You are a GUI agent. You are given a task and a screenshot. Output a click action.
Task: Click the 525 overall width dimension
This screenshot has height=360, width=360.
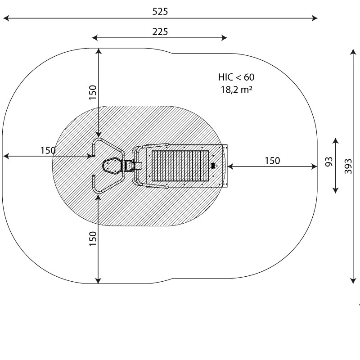point(160,12)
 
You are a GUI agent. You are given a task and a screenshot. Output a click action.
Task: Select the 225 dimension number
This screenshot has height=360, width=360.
point(160,31)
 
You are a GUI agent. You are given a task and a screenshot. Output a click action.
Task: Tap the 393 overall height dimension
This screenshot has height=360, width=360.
point(348,166)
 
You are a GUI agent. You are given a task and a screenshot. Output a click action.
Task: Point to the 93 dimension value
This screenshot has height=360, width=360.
point(329,162)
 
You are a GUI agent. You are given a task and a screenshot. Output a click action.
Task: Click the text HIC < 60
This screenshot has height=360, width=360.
point(236,77)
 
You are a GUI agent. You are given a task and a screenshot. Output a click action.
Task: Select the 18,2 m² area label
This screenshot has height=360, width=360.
point(237,90)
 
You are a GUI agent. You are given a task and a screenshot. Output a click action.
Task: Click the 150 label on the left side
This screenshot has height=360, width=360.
point(48,151)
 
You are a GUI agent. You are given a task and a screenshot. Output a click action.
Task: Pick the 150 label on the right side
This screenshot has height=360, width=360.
point(272,161)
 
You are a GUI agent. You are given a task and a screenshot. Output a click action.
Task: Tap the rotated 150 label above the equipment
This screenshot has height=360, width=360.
point(93,92)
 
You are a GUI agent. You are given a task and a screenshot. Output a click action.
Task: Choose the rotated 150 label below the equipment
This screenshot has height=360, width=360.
point(93,239)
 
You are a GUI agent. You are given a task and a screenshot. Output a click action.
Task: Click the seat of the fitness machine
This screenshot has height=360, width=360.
point(112,165)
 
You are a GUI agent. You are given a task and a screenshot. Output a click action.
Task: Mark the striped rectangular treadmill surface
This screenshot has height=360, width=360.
point(180,166)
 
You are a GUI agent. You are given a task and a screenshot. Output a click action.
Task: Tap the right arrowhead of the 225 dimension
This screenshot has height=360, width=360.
point(224,38)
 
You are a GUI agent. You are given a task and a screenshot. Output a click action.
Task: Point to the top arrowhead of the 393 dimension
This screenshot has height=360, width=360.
point(353,52)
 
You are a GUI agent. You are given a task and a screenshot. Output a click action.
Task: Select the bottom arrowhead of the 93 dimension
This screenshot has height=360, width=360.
point(335,190)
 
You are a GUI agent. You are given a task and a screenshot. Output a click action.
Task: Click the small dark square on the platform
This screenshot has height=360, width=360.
point(213,165)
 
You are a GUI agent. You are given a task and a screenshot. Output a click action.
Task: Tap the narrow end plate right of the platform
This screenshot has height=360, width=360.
point(225,166)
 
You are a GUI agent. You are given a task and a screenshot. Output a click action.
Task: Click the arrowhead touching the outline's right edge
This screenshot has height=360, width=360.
point(314,166)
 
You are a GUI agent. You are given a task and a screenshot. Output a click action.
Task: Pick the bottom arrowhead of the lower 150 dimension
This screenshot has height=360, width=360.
point(98,280)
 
